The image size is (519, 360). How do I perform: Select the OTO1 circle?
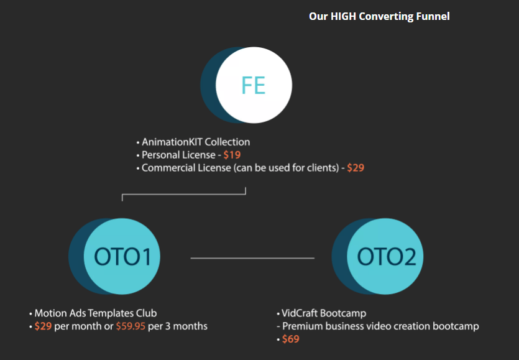click(122, 257)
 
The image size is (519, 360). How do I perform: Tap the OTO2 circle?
click(386, 257)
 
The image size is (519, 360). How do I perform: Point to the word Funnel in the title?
click(434, 16)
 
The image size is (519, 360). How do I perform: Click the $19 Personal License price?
click(232, 155)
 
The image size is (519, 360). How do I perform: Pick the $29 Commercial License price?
click(356, 168)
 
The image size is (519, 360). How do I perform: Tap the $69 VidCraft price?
click(291, 339)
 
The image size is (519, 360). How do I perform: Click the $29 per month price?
click(43, 326)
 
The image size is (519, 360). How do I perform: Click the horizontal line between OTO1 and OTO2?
click(252, 257)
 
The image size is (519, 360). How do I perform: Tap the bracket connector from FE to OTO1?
click(184, 195)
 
